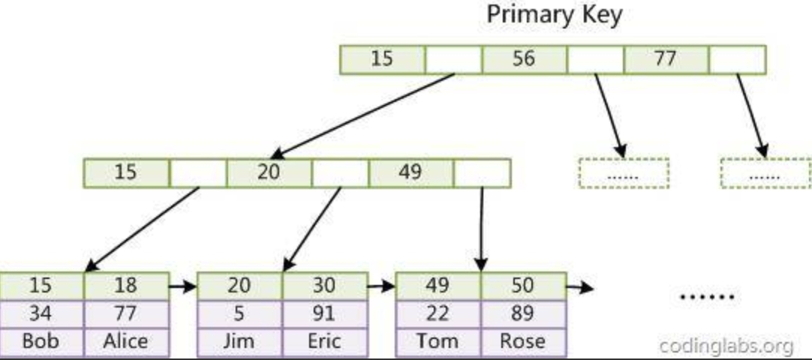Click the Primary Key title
pyautogui.click(x=554, y=15)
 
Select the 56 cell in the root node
pyautogui.click(x=524, y=59)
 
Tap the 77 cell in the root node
pyautogui.click(x=666, y=59)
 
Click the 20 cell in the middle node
pyautogui.click(x=269, y=172)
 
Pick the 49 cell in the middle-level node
pyautogui.click(x=411, y=172)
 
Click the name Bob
pyautogui.click(x=41, y=341)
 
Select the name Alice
pyautogui.click(x=126, y=341)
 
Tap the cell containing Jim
pyautogui.click(x=239, y=341)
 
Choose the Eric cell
pyautogui.click(x=325, y=341)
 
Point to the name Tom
pyautogui.click(x=438, y=341)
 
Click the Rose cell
pyautogui.click(x=524, y=341)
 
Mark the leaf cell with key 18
pyautogui.click(x=126, y=286)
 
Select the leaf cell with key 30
pyautogui.click(x=325, y=286)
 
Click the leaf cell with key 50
pyautogui.click(x=524, y=286)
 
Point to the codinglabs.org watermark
pyautogui.click(x=726, y=345)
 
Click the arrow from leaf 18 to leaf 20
pyautogui.click(x=183, y=286)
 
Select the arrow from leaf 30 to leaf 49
pyautogui.click(x=382, y=286)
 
